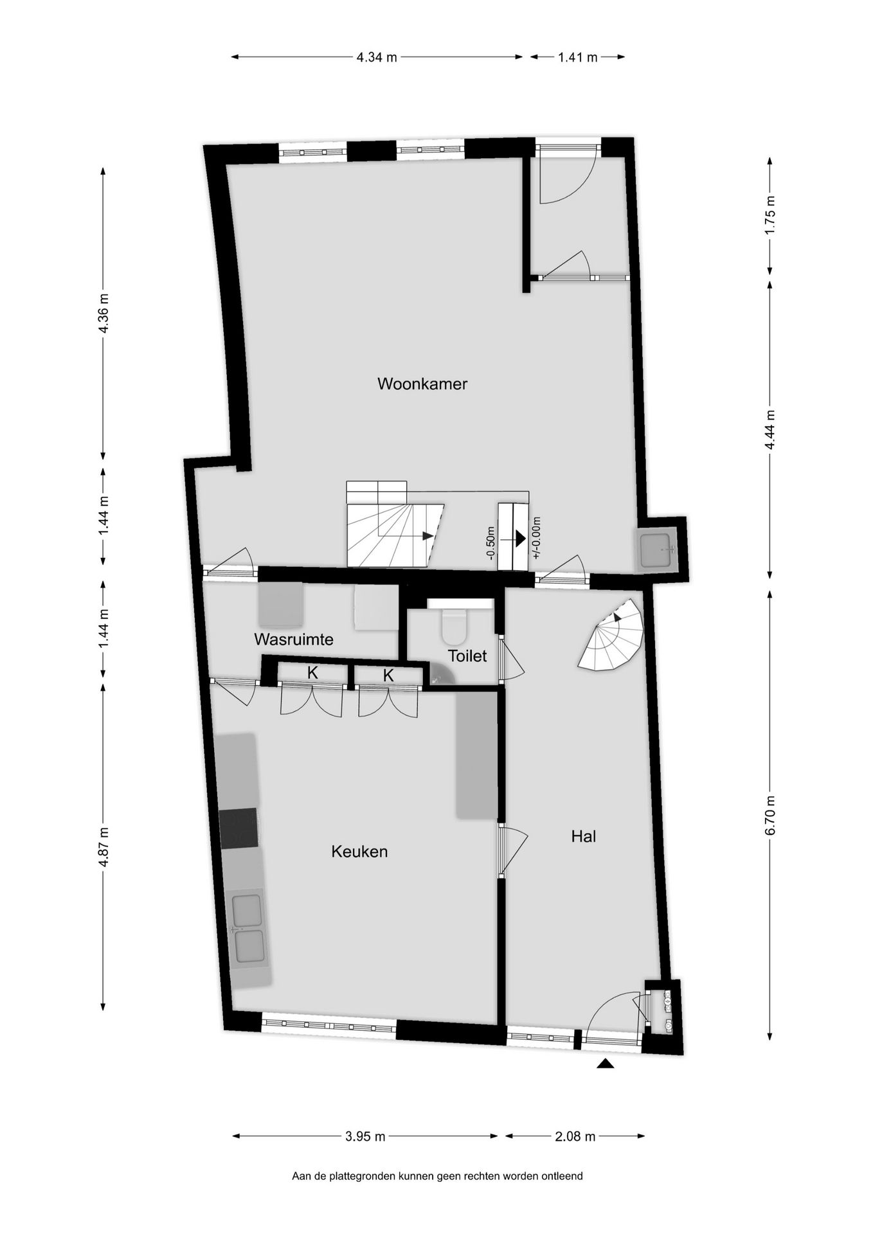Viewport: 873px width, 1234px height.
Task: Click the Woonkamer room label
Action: [422, 384]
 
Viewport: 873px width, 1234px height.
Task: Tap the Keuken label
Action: [359, 852]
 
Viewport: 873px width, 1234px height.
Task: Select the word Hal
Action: [584, 836]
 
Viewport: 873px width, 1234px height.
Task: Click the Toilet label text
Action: [467, 656]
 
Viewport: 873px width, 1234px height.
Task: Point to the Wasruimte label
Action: [294, 639]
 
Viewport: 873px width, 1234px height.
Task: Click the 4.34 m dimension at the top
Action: [377, 57]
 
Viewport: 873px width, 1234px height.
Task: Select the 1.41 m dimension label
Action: [578, 57]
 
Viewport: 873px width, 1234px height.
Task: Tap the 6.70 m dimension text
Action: [771, 815]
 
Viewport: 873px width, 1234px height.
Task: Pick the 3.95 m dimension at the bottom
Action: [365, 1136]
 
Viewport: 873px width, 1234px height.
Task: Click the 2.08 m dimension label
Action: [575, 1136]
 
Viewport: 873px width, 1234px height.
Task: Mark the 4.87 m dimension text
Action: [103, 846]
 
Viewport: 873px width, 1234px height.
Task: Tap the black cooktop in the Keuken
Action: [239, 828]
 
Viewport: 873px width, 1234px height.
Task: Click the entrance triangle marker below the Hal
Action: [606, 1064]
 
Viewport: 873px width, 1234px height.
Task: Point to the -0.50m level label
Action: [491, 542]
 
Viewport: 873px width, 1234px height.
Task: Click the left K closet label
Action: [313, 673]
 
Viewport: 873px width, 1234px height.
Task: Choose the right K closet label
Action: [388, 675]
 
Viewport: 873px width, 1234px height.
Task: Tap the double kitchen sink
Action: [248, 928]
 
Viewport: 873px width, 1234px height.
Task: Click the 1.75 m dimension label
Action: [771, 216]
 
